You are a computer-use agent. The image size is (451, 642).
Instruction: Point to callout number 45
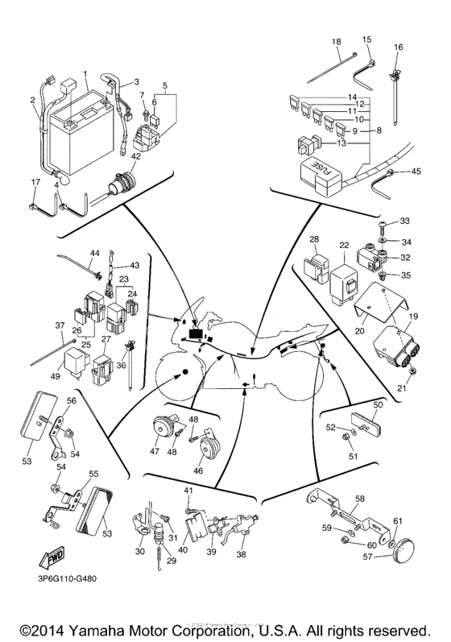[x=416, y=171]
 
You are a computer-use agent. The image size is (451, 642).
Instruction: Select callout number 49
[x=56, y=375]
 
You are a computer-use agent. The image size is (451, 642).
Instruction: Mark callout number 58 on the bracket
[x=360, y=499]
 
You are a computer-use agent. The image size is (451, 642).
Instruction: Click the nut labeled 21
[x=412, y=372]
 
